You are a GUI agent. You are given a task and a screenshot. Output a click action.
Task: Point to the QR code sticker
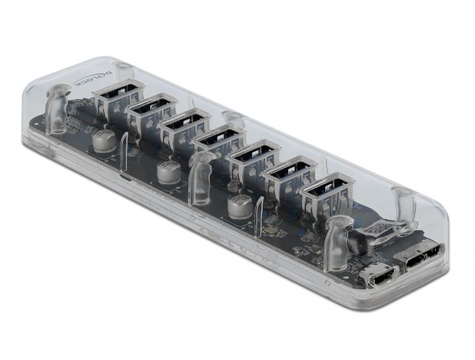pos(377,229)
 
